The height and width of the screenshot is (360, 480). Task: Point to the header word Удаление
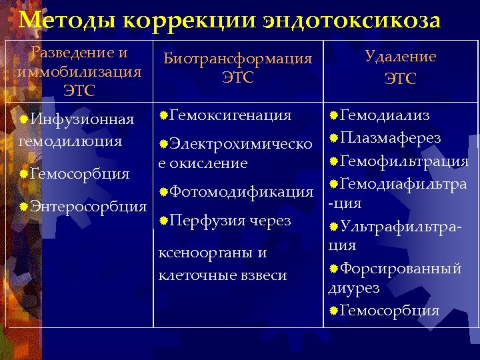tap(400, 57)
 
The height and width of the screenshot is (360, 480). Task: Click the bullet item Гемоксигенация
tap(231, 115)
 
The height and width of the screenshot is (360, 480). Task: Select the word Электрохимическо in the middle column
tap(241, 144)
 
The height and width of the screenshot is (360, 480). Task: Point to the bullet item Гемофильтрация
tap(404, 161)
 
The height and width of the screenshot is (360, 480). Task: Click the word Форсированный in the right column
tap(400, 269)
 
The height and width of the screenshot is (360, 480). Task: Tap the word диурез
tap(353, 289)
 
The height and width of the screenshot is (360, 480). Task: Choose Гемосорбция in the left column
tap(79, 174)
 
